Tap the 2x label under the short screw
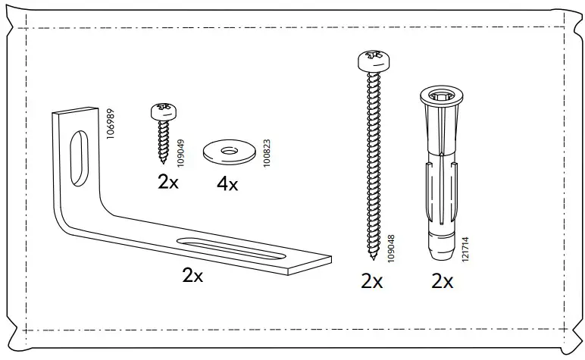[167, 182]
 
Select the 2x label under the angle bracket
[193, 276]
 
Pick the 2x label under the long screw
[372, 282]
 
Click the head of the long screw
[371, 60]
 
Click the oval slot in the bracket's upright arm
[77, 155]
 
